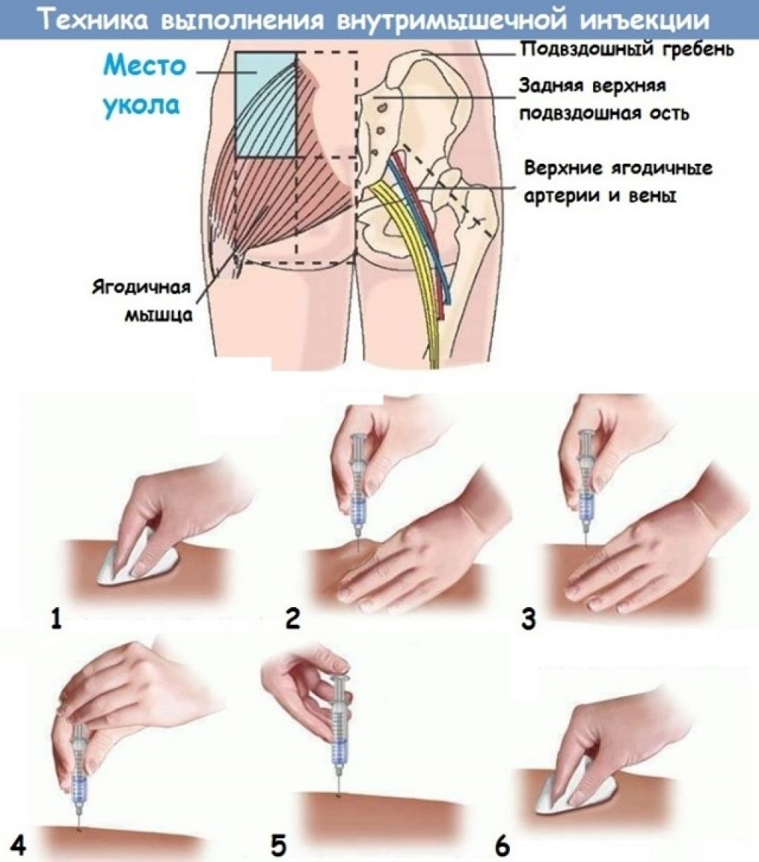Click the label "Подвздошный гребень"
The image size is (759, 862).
(626, 50)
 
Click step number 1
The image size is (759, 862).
(56, 617)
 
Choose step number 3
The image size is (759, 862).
(528, 617)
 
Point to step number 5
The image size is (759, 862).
(279, 844)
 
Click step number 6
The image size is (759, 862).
(503, 844)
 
